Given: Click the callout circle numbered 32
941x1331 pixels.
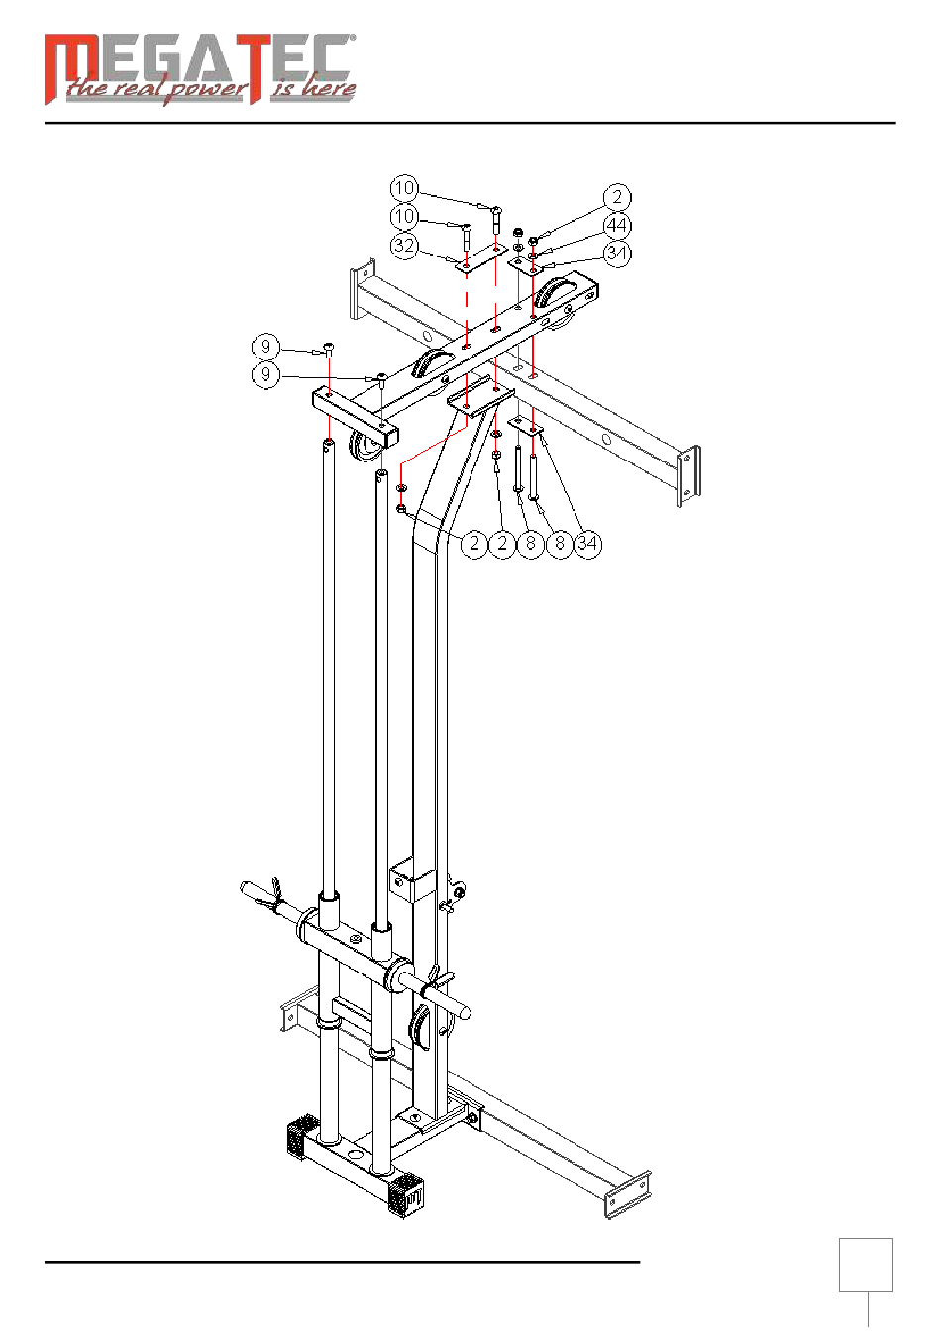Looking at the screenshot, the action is point(404,245).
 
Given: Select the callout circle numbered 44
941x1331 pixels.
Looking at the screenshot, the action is point(617,225).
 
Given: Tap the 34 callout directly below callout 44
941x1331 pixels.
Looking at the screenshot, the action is point(617,254).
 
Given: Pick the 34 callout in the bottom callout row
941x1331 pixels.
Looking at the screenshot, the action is point(588,543).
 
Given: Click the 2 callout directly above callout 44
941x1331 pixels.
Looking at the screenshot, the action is point(617,197).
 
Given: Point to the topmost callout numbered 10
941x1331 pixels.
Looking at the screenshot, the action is point(404,188).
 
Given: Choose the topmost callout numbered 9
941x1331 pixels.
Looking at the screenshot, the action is point(265,347).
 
